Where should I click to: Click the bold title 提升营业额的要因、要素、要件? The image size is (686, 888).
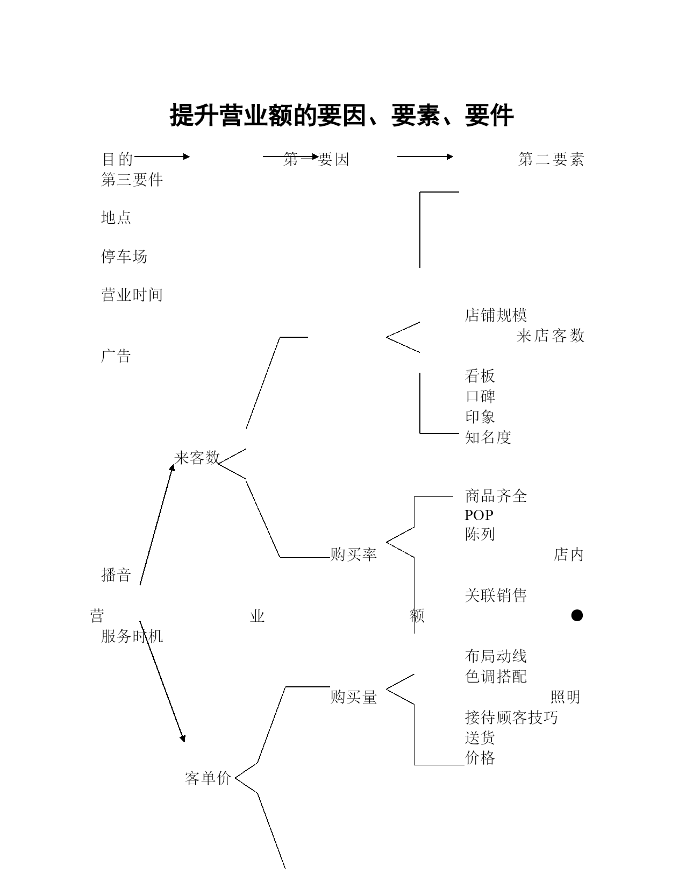[x=342, y=115]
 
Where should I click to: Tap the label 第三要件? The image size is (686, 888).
[x=132, y=180]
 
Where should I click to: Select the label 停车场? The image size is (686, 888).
[x=124, y=256]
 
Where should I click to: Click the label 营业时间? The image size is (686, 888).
[x=132, y=295]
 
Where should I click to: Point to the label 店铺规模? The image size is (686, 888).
[x=496, y=315]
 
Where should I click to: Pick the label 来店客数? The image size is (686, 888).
[x=551, y=336]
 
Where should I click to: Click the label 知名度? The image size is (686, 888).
[x=488, y=437]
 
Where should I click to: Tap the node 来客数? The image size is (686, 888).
[x=197, y=457]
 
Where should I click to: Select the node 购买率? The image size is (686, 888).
[x=354, y=554]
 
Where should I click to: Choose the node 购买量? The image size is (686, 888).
[x=354, y=697]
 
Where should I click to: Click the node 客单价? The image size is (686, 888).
[x=208, y=778]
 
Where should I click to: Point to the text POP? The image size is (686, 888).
[x=479, y=515]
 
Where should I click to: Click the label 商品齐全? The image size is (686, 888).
[x=496, y=496]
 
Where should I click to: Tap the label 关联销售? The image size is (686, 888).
[x=496, y=595]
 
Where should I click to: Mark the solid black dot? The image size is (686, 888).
[x=577, y=615]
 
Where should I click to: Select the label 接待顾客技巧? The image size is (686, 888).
[x=511, y=717]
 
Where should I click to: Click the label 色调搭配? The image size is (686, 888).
[x=496, y=676]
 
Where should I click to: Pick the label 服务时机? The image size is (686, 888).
[x=132, y=636]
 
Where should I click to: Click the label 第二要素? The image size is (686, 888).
[x=551, y=159]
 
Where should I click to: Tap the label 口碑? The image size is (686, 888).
[x=480, y=396]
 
